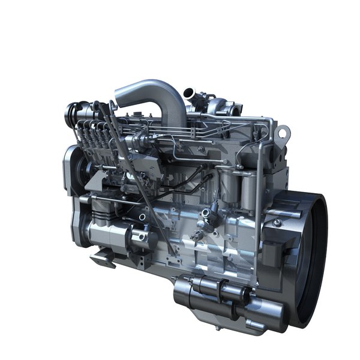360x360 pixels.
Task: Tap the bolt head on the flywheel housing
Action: tap(277, 223)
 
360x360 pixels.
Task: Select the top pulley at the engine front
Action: tap(74, 111)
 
